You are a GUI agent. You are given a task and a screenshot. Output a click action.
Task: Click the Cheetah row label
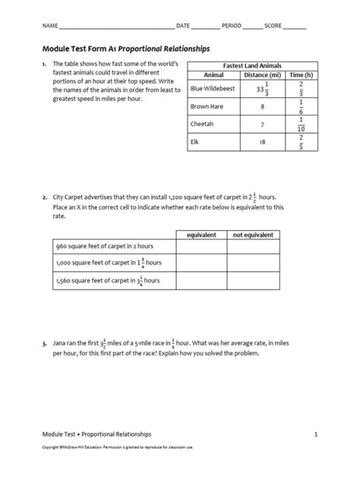tap(201, 124)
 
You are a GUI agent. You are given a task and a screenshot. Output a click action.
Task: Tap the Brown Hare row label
tap(205, 106)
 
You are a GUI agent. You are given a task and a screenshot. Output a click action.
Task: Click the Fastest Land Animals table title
tap(253, 66)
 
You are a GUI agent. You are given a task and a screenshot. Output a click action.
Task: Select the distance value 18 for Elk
tap(262, 141)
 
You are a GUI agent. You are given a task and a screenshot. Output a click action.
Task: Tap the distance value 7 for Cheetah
tap(262, 124)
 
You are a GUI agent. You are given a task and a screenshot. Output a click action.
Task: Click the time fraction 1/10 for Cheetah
tap(301, 124)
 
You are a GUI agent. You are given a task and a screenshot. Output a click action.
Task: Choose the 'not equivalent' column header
tap(248, 235)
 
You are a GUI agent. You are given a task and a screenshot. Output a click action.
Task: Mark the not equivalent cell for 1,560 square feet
tap(248, 282)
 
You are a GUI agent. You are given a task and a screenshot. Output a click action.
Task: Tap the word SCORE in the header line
tap(273, 26)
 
